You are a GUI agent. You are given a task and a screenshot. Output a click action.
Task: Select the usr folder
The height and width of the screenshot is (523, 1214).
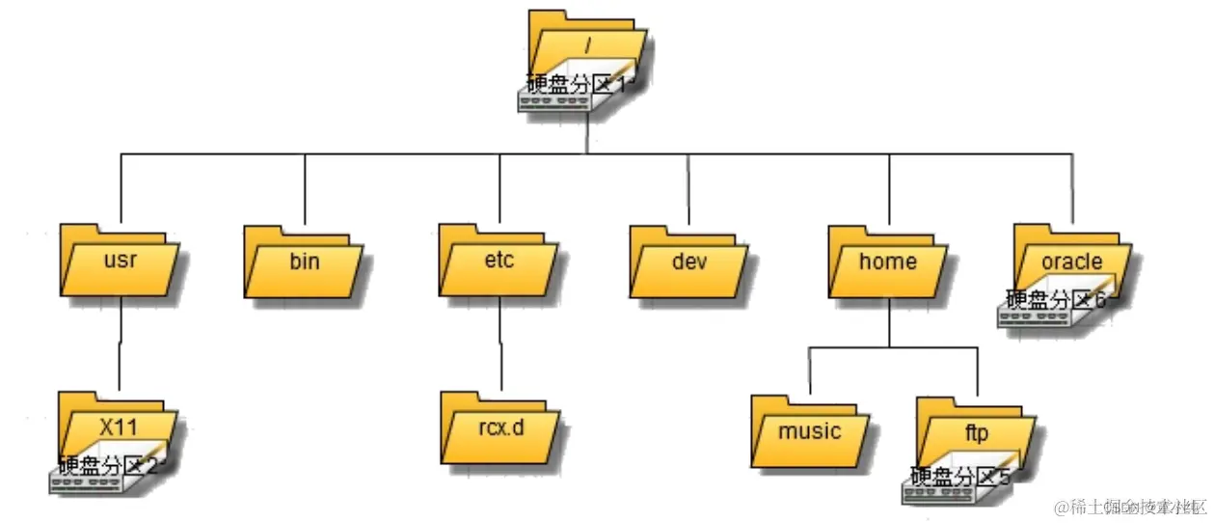coord(119,261)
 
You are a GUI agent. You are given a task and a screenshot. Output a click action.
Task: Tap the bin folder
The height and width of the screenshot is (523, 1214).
coord(304,261)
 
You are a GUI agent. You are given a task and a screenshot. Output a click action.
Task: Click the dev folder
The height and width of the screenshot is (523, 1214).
coord(689,261)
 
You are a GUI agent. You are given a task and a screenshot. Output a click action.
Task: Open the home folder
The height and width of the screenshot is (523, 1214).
coord(887,261)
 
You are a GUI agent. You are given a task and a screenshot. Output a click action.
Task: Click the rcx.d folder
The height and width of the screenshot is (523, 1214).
coord(501,427)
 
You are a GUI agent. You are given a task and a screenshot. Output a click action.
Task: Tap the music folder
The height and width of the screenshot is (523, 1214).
coord(810,431)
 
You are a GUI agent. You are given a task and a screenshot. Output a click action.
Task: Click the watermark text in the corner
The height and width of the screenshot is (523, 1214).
coord(1129,507)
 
